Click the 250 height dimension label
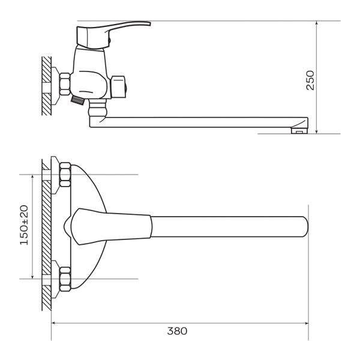point(310,80)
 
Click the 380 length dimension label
point(177,331)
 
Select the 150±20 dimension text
point(24,225)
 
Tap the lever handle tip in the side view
point(149,23)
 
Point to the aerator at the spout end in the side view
point(299,131)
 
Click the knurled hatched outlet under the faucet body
point(77,101)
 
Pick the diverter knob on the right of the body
point(119,87)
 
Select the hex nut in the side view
point(65,84)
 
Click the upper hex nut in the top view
point(65,175)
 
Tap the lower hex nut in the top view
point(65,279)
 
